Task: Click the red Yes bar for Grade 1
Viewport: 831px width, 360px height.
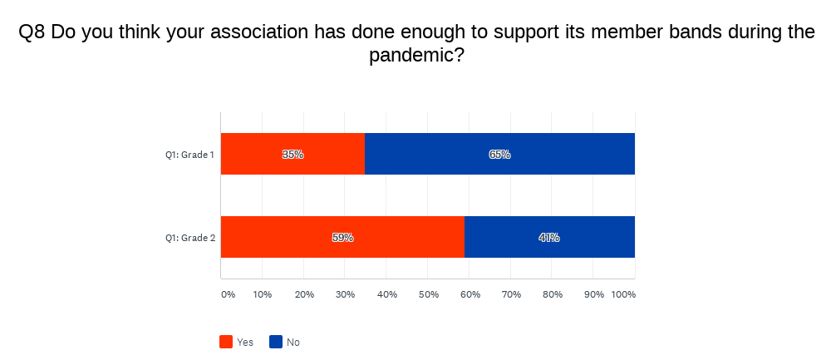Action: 293,154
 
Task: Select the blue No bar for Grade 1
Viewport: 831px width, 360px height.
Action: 499,154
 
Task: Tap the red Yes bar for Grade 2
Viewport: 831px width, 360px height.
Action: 343,237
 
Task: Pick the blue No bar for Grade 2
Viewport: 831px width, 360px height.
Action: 549,237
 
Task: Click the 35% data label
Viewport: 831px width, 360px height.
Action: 293,155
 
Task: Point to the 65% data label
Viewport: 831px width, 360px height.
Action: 499,155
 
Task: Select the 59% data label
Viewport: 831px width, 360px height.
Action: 343,238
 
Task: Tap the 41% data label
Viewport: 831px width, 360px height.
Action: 549,238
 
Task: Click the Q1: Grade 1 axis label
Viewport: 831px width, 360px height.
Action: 190,155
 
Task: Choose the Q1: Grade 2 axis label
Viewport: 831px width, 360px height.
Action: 190,238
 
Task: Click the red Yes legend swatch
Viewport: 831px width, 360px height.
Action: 226,342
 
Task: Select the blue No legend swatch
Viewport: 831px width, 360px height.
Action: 276,342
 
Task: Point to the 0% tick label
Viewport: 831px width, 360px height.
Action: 228,295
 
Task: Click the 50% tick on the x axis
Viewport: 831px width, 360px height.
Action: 428,295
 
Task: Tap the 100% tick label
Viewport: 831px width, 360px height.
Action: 623,295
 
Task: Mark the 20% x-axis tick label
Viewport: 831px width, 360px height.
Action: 303,295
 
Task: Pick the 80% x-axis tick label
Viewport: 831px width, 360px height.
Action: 552,295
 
